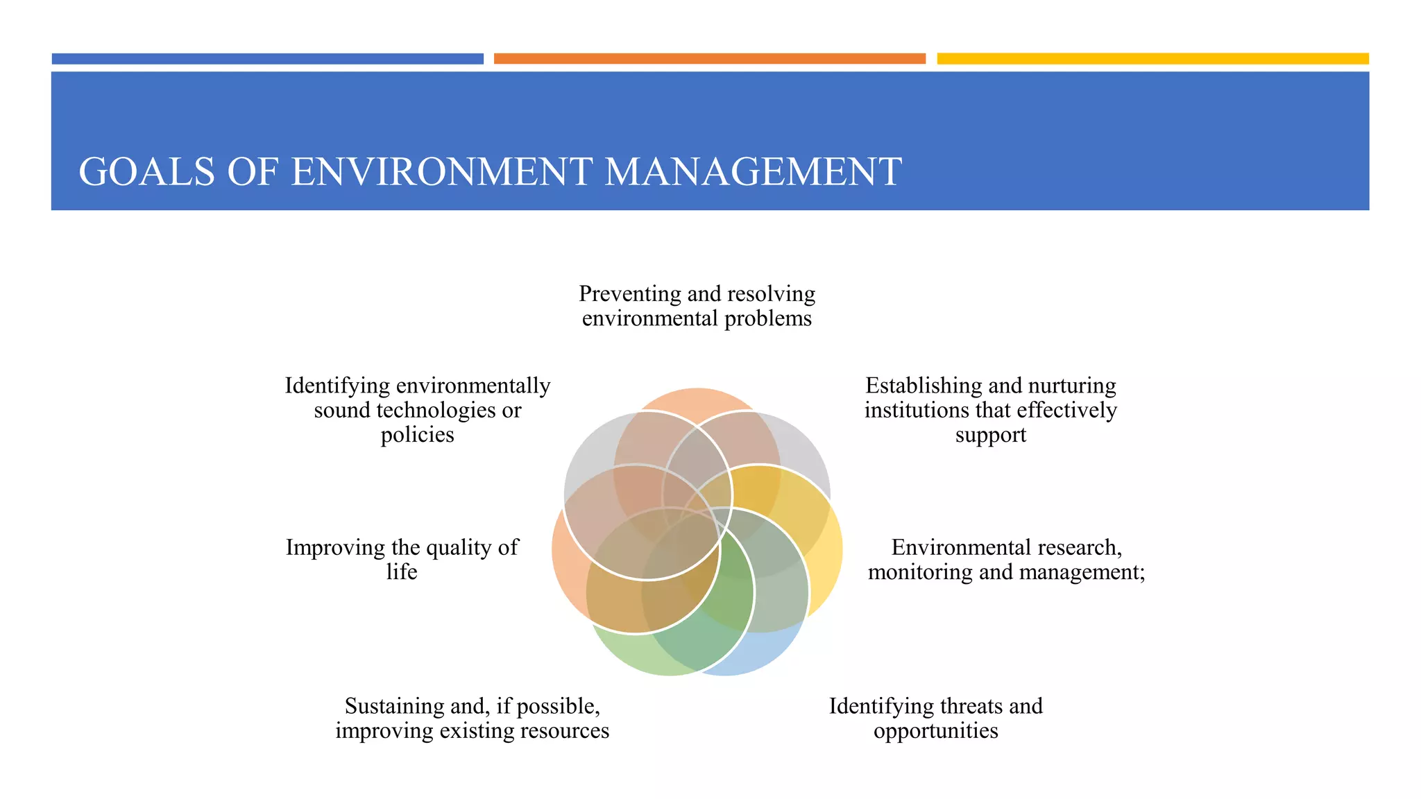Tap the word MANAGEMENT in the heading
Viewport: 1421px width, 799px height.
click(753, 172)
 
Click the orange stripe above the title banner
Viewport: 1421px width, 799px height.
click(709, 59)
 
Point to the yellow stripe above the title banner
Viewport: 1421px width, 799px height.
click(1152, 59)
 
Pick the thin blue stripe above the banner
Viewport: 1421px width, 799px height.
click(267, 59)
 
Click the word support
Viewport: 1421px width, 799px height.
click(990, 435)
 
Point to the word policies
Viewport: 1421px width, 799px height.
click(417, 435)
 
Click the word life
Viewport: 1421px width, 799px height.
click(402, 572)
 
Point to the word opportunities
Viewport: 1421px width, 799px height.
click(935, 731)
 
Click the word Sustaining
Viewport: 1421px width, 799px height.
click(394, 706)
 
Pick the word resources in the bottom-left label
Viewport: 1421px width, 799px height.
click(564, 731)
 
